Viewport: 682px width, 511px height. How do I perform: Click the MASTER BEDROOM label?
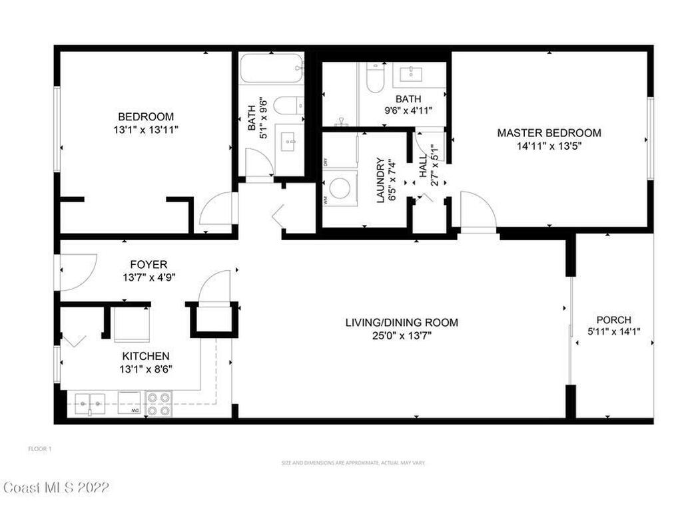pyautogui.click(x=549, y=133)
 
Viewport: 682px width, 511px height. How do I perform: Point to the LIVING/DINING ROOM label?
pyautogui.click(x=402, y=323)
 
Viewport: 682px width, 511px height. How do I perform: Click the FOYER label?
pyautogui.click(x=149, y=265)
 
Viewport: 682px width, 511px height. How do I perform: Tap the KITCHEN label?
pyautogui.click(x=145, y=357)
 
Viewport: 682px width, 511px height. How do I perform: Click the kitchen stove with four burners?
pyautogui.click(x=158, y=404)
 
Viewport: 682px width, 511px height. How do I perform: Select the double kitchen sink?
pyautogui.click(x=89, y=401)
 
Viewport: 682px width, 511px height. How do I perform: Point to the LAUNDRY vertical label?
pyautogui.click(x=381, y=180)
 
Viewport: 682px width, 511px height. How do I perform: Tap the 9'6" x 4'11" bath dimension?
pyautogui.click(x=407, y=111)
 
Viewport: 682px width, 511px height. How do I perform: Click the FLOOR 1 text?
pyautogui.click(x=40, y=449)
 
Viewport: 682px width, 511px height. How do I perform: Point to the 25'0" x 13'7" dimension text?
pyautogui.click(x=402, y=336)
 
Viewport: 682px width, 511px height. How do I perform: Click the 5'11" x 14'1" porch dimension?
pyautogui.click(x=613, y=331)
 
